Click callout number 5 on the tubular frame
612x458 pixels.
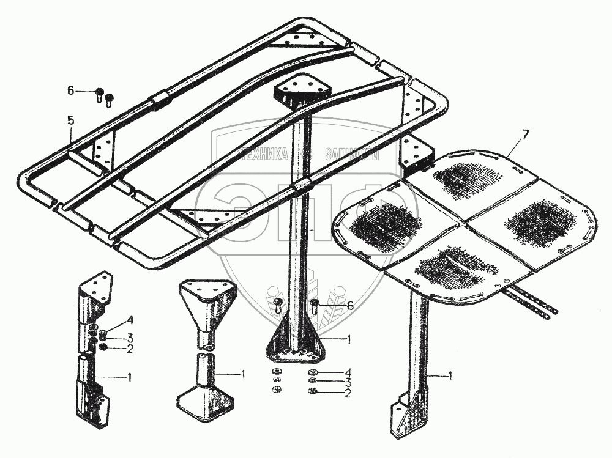click(71, 121)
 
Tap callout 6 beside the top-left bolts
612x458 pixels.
click(71, 90)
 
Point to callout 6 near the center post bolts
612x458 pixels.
click(349, 305)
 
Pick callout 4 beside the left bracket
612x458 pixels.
click(130, 319)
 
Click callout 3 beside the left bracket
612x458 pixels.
click(130, 338)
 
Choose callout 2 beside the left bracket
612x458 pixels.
click(130, 350)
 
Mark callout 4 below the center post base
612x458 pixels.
click(348, 372)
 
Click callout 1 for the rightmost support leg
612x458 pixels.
click(450, 377)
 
